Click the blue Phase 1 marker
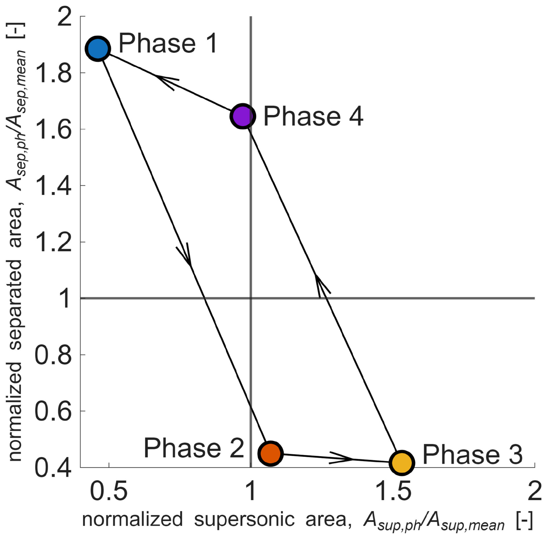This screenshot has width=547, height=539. [x=98, y=49]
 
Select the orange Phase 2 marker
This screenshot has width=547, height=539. [x=270, y=453]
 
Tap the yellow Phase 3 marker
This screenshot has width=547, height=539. [x=402, y=462]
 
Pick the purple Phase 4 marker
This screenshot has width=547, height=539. [x=243, y=116]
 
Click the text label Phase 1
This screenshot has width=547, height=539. [x=168, y=43]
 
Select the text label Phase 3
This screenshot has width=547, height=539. [x=472, y=455]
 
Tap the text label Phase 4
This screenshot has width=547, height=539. [x=313, y=116]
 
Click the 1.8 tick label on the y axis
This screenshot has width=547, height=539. [x=53, y=73]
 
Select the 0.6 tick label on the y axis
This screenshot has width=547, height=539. [x=53, y=411]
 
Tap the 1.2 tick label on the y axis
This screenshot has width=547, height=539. [x=53, y=243]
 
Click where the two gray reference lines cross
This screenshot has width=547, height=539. [x=251, y=298]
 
